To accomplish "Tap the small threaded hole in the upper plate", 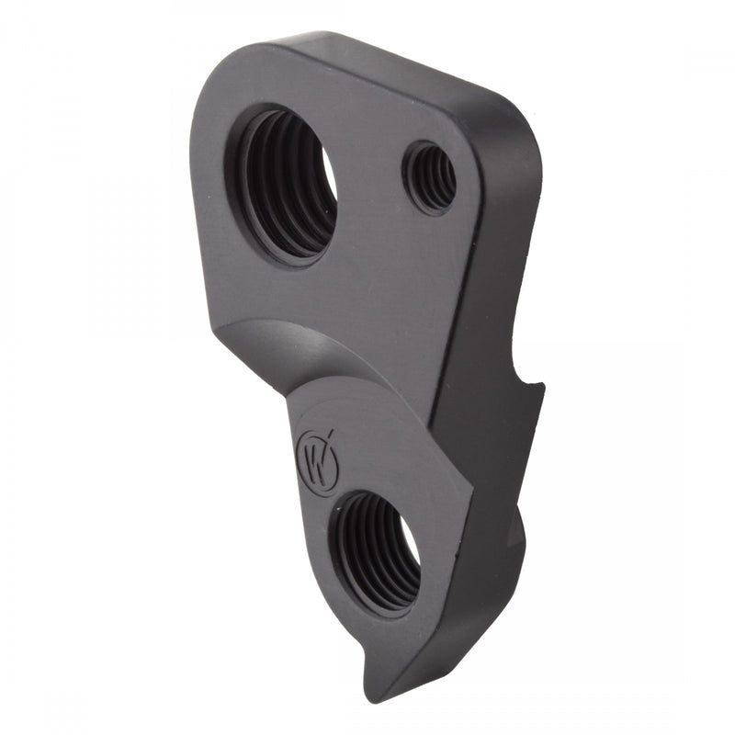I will [430, 176].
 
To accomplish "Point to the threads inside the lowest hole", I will [363, 551].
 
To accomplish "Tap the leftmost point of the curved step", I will [218, 335].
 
